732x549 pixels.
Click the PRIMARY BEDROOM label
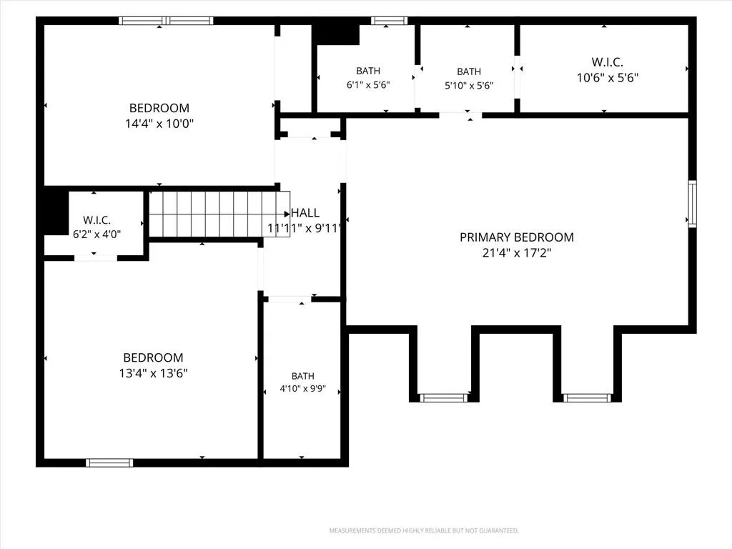(516, 237)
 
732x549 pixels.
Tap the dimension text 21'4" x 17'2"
(517, 253)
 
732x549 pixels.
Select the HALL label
(305, 213)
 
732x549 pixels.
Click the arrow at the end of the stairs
(287, 214)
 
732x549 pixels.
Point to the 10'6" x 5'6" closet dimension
(608, 77)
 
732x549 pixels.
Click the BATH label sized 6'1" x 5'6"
(368, 71)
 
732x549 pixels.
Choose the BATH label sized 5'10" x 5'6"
(469, 71)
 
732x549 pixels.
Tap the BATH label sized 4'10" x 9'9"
(302, 376)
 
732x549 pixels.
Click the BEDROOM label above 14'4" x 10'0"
(159, 108)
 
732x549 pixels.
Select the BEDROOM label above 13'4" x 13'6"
(153, 357)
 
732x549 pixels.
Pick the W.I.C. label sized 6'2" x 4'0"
(97, 220)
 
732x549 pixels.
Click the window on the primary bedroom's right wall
(692, 204)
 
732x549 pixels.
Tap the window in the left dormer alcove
(443, 397)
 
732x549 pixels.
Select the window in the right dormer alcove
(587, 397)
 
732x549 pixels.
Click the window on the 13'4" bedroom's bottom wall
(109, 463)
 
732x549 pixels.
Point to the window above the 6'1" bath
(389, 21)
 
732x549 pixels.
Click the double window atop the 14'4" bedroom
(166, 21)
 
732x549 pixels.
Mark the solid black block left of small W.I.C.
(56, 211)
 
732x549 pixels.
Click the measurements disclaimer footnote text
(424, 530)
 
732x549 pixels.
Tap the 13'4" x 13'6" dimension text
(153, 373)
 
